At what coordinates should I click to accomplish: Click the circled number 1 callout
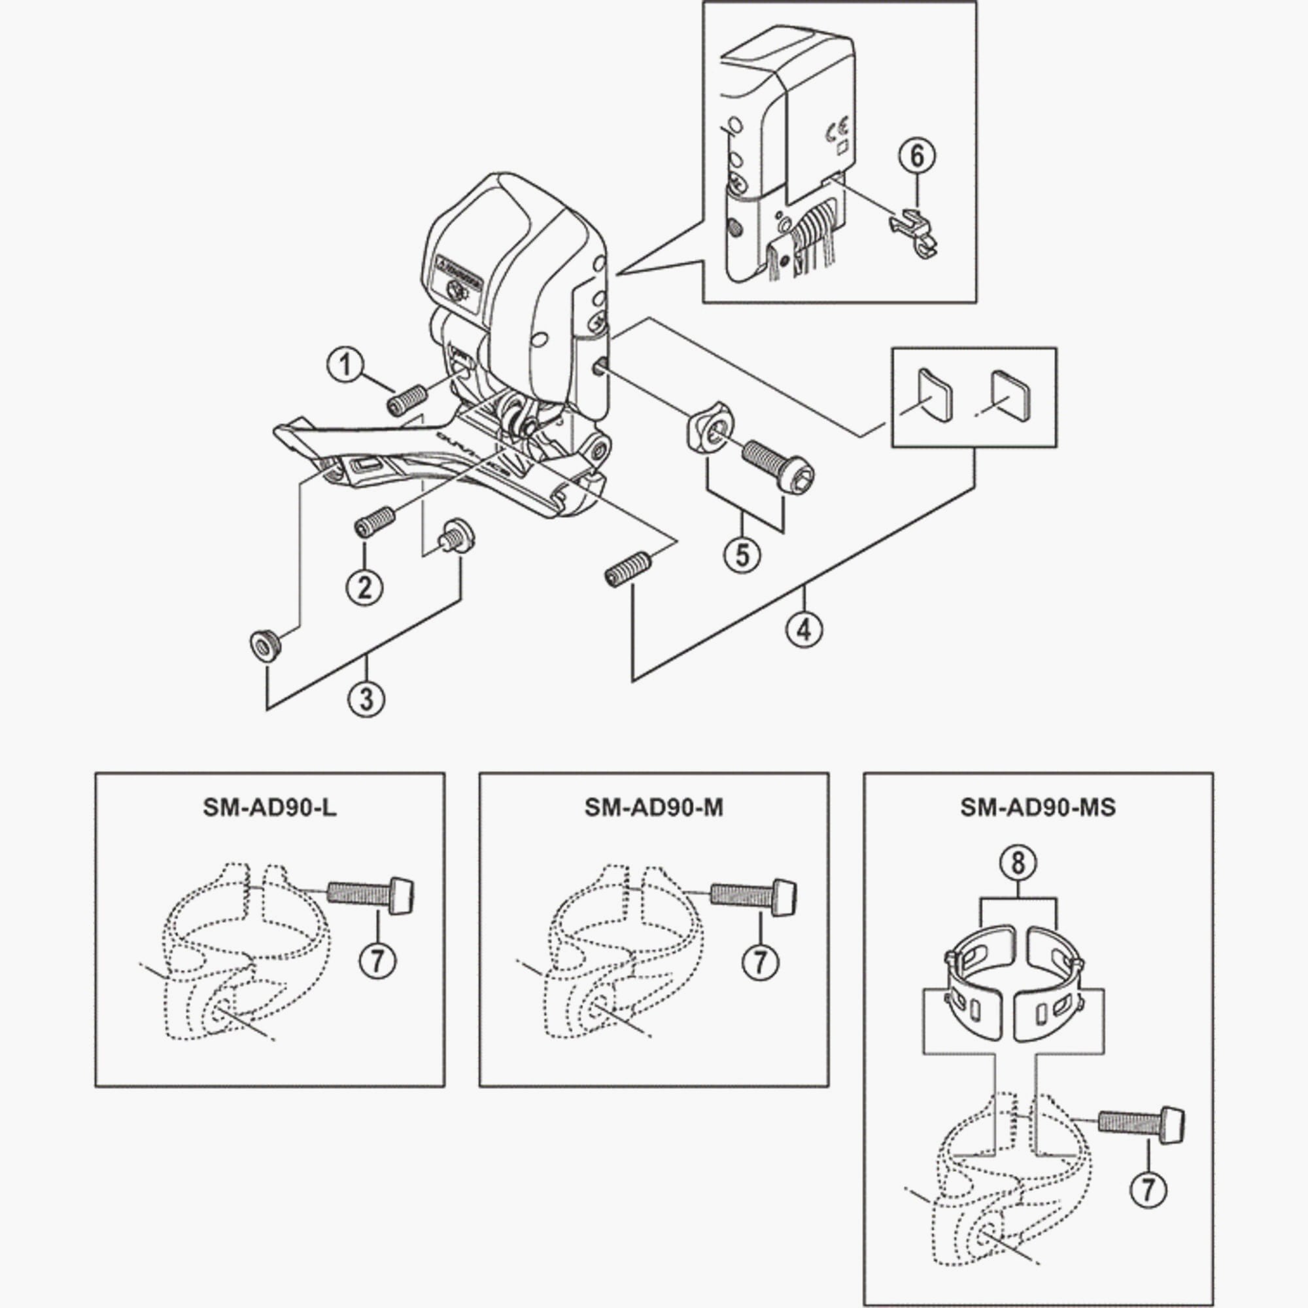tap(346, 366)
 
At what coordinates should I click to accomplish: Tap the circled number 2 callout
tap(364, 587)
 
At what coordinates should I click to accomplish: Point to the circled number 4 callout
tap(804, 630)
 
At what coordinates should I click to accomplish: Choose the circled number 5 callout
tap(743, 555)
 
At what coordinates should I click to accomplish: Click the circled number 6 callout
tap(917, 156)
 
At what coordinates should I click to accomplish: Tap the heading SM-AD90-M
tap(653, 808)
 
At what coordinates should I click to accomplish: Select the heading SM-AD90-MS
tap(1038, 808)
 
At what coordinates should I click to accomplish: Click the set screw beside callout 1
tap(405, 401)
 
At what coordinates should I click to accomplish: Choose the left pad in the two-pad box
tap(935, 396)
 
